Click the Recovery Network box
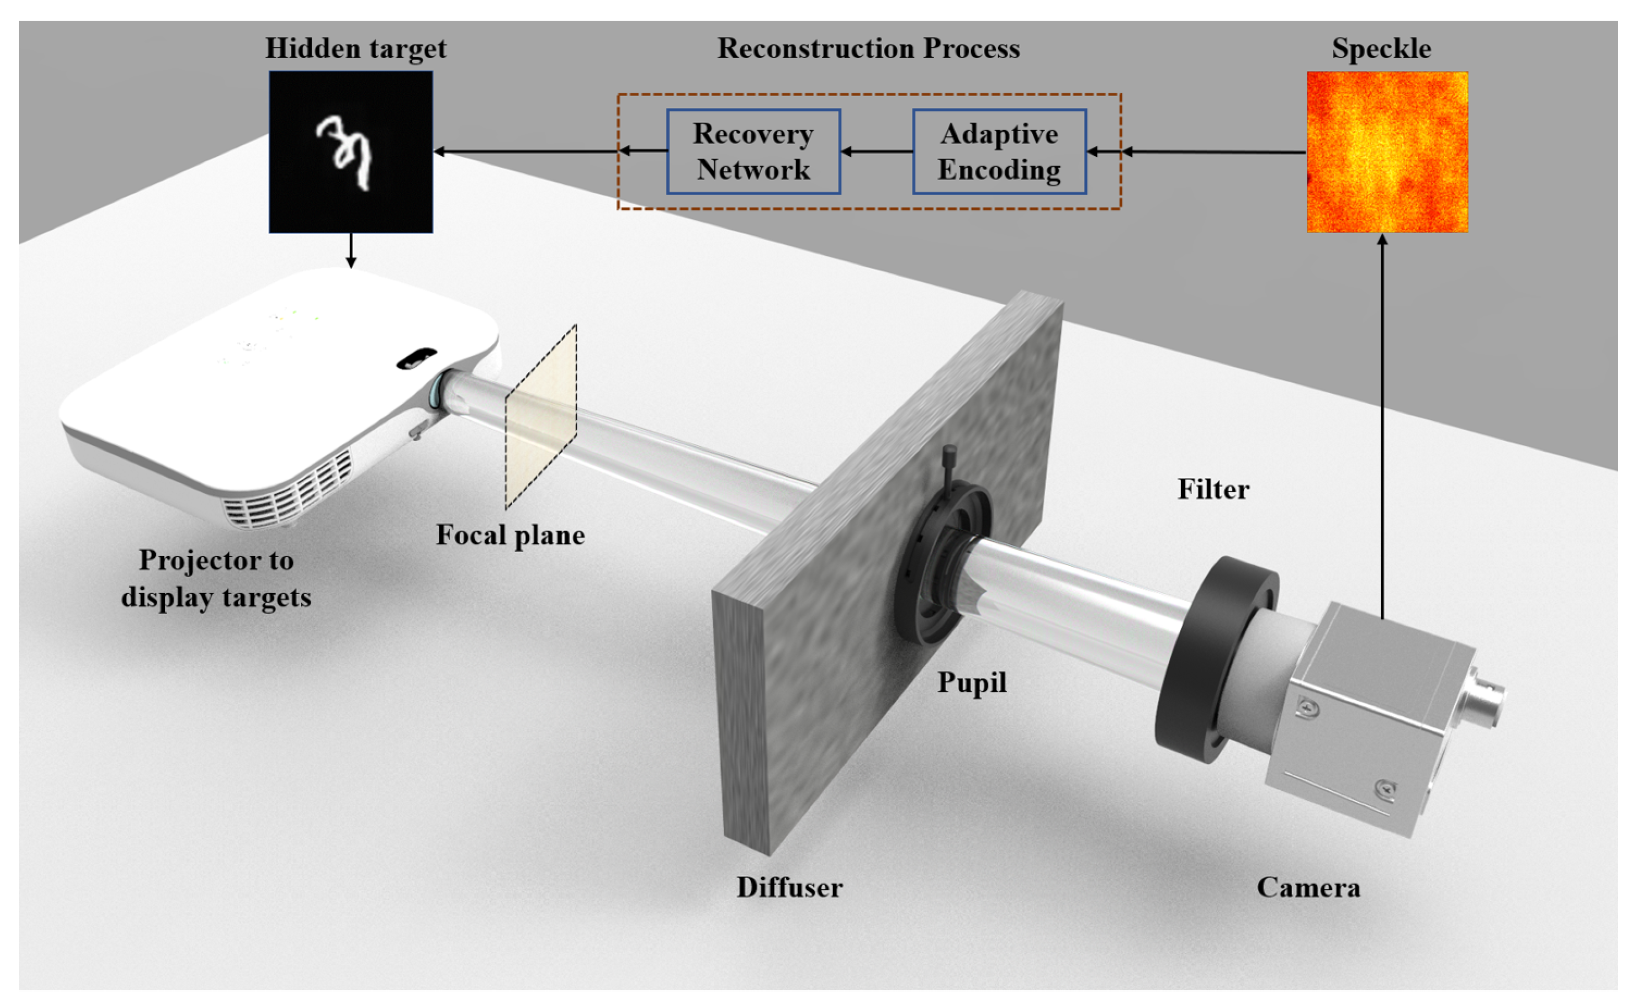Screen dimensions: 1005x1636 [x=753, y=151]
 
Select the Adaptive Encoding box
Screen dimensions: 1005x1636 [x=999, y=151]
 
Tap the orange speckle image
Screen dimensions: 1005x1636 [x=1387, y=152]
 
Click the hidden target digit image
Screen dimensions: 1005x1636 [x=350, y=152]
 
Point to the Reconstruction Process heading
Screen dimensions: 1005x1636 [x=868, y=48]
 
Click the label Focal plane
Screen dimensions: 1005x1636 [x=510, y=535]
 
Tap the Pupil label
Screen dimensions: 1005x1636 [x=971, y=682]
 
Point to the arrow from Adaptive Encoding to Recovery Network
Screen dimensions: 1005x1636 [x=876, y=151]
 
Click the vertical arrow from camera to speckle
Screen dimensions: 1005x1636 [x=1382, y=426]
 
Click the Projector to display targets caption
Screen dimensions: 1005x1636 [x=216, y=579]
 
